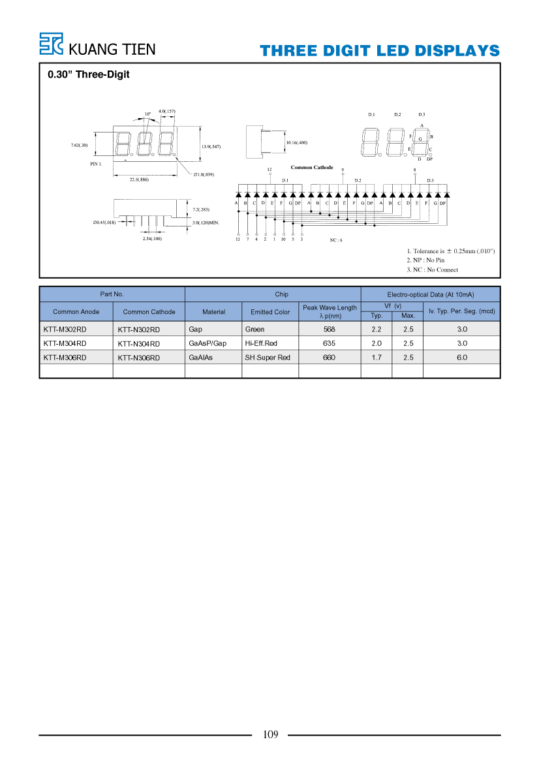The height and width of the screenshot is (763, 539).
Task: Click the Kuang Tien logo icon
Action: (x=51, y=44)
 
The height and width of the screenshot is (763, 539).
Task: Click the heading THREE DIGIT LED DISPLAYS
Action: (x=379, y=51)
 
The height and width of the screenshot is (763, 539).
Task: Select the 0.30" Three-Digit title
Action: (x=89, y=74)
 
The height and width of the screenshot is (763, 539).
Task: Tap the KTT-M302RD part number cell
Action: (x=65, y=330)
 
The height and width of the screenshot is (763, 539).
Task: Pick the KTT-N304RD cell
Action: (x=138, y=343)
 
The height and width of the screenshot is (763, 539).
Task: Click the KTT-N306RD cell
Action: (x=138, y=358)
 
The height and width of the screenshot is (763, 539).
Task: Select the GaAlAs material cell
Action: (x=200, y=357)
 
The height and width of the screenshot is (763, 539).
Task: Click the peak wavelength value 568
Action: (x=330, y=330)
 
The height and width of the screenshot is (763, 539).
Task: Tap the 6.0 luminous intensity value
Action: (x=462, y=357)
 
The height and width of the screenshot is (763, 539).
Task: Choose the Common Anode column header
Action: (x=76, y=312)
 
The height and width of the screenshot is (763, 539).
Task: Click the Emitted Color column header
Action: (x=270, y=312)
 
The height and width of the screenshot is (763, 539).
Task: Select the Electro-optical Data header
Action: (x=431, y=294)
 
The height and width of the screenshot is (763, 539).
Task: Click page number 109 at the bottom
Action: (x=270, y=734)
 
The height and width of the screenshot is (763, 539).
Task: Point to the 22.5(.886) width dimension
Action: (x=139, y=179)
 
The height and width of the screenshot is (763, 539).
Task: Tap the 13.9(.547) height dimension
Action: (x=211, y=146)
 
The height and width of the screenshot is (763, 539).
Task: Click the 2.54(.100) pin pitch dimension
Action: (x=152, y=238)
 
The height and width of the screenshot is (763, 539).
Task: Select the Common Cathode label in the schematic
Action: (x=312, y=167)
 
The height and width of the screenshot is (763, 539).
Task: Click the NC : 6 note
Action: (x=336, y=240)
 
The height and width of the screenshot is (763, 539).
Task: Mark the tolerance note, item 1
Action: (x=451, y=251)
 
